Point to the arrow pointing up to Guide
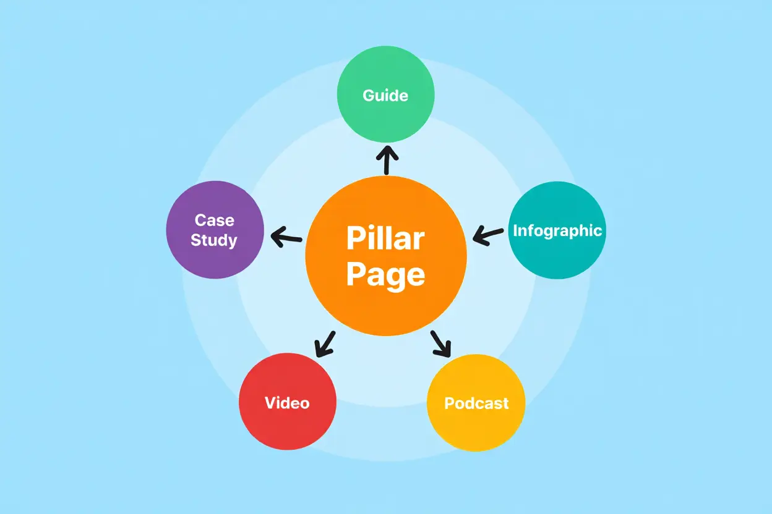(387, 159)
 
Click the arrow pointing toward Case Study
(286, 237)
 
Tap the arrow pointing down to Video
(324, 344)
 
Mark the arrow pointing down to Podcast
(441, 344)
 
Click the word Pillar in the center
(385, 238)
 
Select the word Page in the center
(385, 274)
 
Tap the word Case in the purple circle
(214, 220)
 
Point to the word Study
(214, 240)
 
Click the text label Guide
(385, 95)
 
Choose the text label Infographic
(557, 230)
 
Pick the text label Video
(287, 403)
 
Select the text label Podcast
(476, 403)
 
